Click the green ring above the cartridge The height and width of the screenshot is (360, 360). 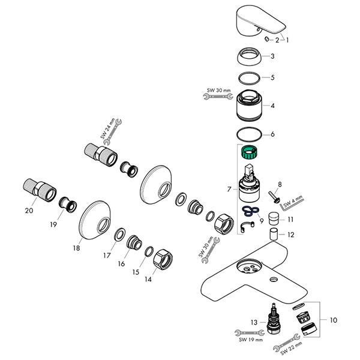coord(249,152)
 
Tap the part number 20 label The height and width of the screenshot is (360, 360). coord(29,211)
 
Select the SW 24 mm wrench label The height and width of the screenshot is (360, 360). coord(107,128)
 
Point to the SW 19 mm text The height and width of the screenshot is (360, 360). coord(250,340)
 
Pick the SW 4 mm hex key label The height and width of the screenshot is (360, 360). coord(293,202)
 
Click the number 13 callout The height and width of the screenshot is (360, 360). coord(254,322)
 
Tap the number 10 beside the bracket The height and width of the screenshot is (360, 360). coord(333,320)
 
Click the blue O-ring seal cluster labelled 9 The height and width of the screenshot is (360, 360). coord(250,211)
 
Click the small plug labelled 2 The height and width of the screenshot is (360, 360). coord(267,39)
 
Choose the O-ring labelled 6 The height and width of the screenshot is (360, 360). coord(249,134)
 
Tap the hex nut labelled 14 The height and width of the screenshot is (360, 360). coord(163,259)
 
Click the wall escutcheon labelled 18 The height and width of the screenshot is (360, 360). coord(95,220)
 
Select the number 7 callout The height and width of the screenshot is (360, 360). coord(229,189)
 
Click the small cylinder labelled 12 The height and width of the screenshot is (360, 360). coord(274,234)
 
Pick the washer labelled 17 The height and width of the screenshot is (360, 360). coord(119,235)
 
